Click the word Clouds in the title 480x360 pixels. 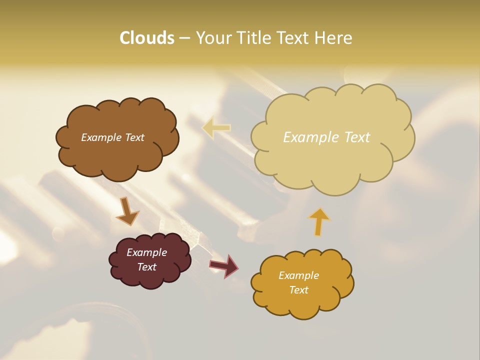pos(146,38)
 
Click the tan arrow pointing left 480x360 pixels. pos(216,128)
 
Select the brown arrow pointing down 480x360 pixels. pos(127,212)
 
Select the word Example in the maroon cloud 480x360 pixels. pos(146,252)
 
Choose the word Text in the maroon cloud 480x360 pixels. pos(146,267)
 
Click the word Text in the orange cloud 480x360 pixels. pos(298,290)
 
